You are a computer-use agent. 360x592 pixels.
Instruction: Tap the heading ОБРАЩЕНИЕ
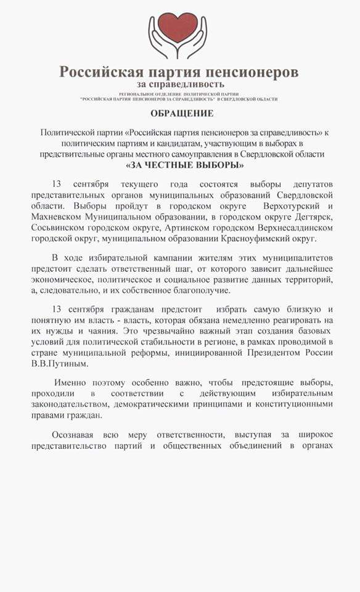[x=182, y=113]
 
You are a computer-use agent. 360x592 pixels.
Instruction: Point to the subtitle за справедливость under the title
[x=181, y=84]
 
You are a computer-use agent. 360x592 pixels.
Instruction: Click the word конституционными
[x=287, y=404]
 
